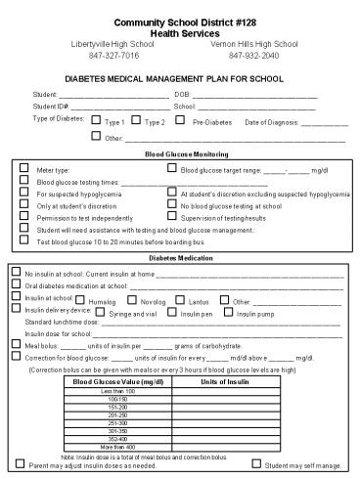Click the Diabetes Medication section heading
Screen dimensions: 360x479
180,257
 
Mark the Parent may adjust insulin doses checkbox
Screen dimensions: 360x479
22,464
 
